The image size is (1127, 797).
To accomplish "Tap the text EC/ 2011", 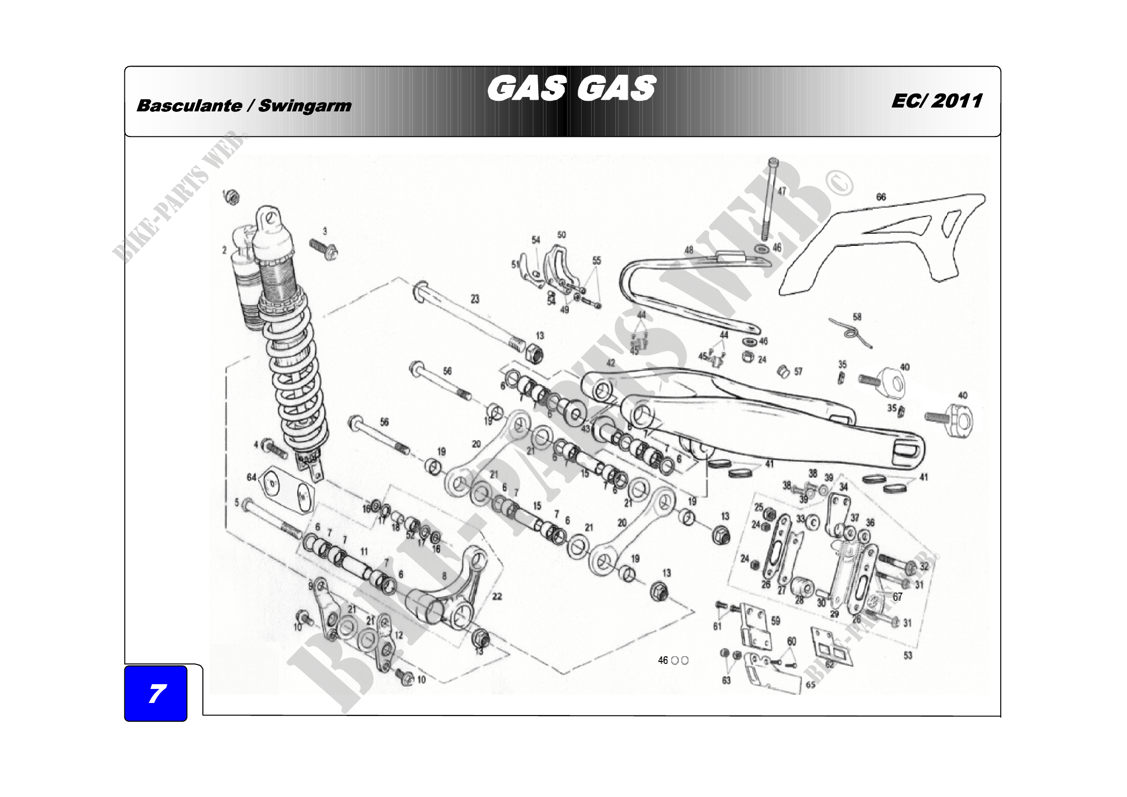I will (x=937, y=101).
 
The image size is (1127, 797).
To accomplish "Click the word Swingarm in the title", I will (x=305, y=106).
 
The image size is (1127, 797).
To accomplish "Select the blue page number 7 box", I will (x=156, y=693).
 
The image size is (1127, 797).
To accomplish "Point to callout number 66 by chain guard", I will (x=881, y=197).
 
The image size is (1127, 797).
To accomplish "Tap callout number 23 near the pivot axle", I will (x=475, y=299).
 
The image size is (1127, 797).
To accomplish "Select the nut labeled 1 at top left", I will (x=232, y=197).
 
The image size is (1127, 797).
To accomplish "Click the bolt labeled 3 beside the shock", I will (x=323, y=248).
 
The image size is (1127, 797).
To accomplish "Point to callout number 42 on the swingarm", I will (x=610, y=364).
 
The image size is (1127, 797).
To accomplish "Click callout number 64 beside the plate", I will (x=252, y=477).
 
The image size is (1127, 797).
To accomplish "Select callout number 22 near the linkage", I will (x=497, y=596).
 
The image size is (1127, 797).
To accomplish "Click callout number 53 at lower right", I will (x=908, y=656).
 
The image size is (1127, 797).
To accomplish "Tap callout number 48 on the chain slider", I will (x=689, y=250).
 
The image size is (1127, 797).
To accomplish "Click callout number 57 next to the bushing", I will (x=798, y=372).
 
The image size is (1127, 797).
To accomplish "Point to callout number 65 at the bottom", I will (x=810, y=685).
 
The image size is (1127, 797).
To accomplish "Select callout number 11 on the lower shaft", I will (x=364, y=552).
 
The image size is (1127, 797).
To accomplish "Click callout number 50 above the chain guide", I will (x=561, y=235).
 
